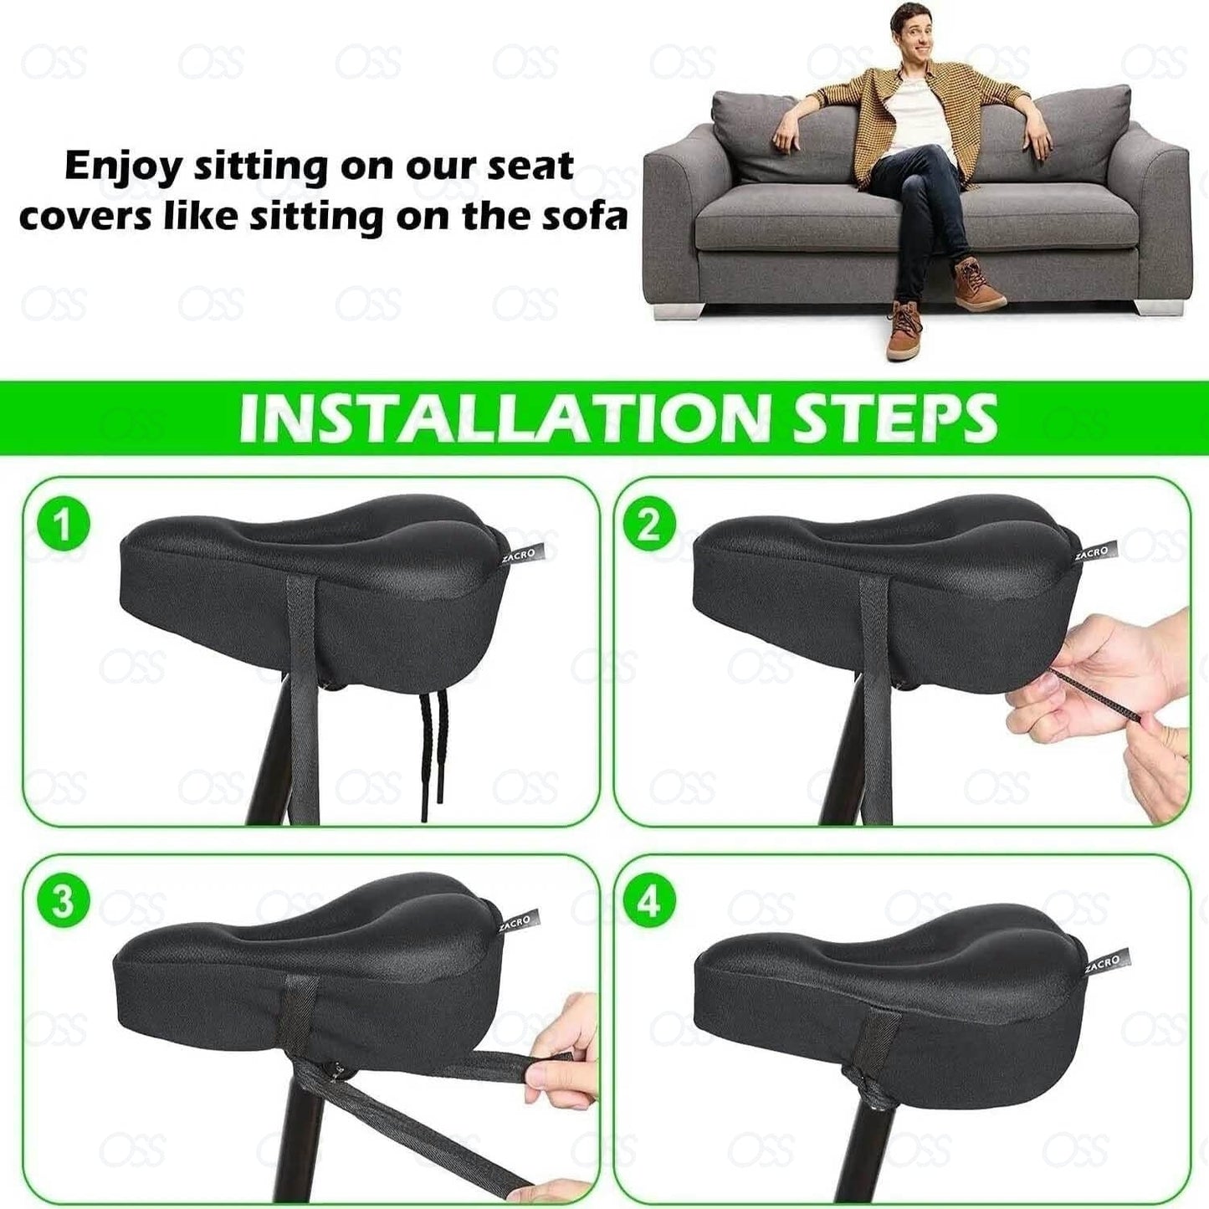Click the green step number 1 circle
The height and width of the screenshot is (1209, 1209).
[61, 526]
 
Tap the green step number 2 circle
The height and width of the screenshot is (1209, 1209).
[649, 526]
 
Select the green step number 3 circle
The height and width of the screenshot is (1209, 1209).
[61, 903]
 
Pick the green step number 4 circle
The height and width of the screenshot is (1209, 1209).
[649, 903]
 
